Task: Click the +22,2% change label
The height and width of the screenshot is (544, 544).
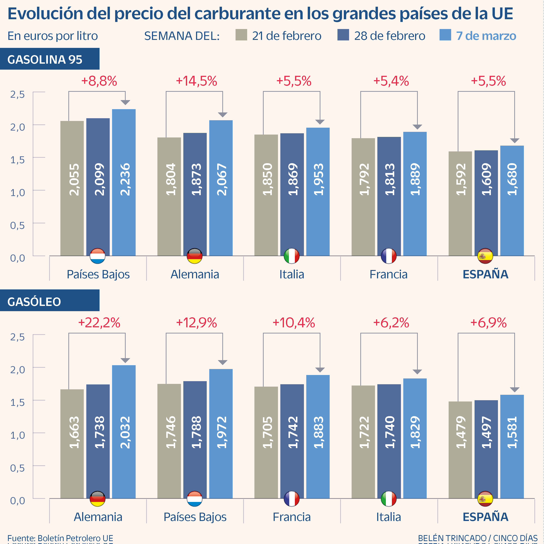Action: click(99, 323)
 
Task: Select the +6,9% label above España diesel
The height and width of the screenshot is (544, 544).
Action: click(488, 323)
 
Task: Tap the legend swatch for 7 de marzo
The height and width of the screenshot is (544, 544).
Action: click(445, 35)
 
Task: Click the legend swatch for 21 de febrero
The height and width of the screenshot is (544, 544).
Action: click(241, 35)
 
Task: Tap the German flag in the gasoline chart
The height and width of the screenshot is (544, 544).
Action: click(195, 256)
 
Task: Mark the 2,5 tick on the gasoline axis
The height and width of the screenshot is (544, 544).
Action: click(17, 94)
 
